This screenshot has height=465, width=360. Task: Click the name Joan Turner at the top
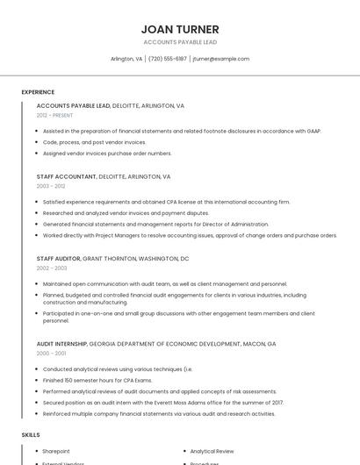click(180, 29)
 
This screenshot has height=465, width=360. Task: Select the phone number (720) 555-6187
click(167, 59)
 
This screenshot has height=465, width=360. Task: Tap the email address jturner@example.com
click(220, 59)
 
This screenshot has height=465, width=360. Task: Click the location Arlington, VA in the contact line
click(126, 59)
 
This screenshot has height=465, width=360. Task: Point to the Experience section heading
click(38, 92)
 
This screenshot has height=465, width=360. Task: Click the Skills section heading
click(31, 434)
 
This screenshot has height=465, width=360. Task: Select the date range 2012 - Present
click(54, 115)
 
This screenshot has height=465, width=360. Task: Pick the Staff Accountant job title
click(66, 176)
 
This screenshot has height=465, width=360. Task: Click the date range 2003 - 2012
click(51, 186)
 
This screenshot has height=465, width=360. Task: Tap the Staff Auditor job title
click(58, 259)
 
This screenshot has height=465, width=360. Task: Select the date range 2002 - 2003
click(51, 268)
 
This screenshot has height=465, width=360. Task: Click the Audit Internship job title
click(61, 344)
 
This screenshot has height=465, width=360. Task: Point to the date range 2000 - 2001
click(51, 353)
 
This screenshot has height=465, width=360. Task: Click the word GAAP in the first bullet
click(312, 131)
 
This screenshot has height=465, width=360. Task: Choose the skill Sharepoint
click(56, 451)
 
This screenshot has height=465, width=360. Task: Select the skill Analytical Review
click(212, 451)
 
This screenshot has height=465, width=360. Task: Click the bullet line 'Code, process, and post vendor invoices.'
click(95, 142)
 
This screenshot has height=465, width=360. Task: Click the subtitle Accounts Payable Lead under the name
click(180, 42)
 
